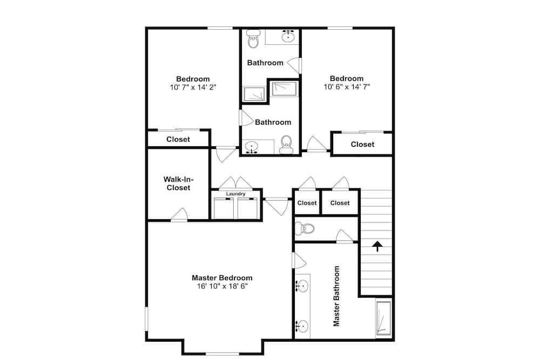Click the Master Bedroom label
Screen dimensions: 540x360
(222, 278)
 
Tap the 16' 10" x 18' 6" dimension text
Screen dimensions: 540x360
(222, 287)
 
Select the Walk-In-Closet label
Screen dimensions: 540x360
(178, 184)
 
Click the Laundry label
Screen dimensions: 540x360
(236, 194)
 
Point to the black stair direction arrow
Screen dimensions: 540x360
(377, 246)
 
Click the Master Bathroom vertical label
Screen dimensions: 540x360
(336, 296)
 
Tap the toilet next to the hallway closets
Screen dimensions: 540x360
(305, 228)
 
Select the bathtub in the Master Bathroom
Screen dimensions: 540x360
(383, 318)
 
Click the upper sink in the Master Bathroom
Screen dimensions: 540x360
(302, 286)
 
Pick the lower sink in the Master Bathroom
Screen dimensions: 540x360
(302, 326)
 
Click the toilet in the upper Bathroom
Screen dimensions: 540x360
(253, 39)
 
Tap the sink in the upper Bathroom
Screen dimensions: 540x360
(288, 36)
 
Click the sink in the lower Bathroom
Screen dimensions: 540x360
(252, 147)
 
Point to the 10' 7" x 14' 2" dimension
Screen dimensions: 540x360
(193, 87)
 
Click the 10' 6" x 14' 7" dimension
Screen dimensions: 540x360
(347, 87)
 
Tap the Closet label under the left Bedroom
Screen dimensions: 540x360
(178, 139)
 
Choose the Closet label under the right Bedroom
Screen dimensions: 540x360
(363, 145)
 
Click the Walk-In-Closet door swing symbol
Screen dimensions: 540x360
(179, 215)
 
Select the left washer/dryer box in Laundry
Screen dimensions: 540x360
(224, 208)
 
